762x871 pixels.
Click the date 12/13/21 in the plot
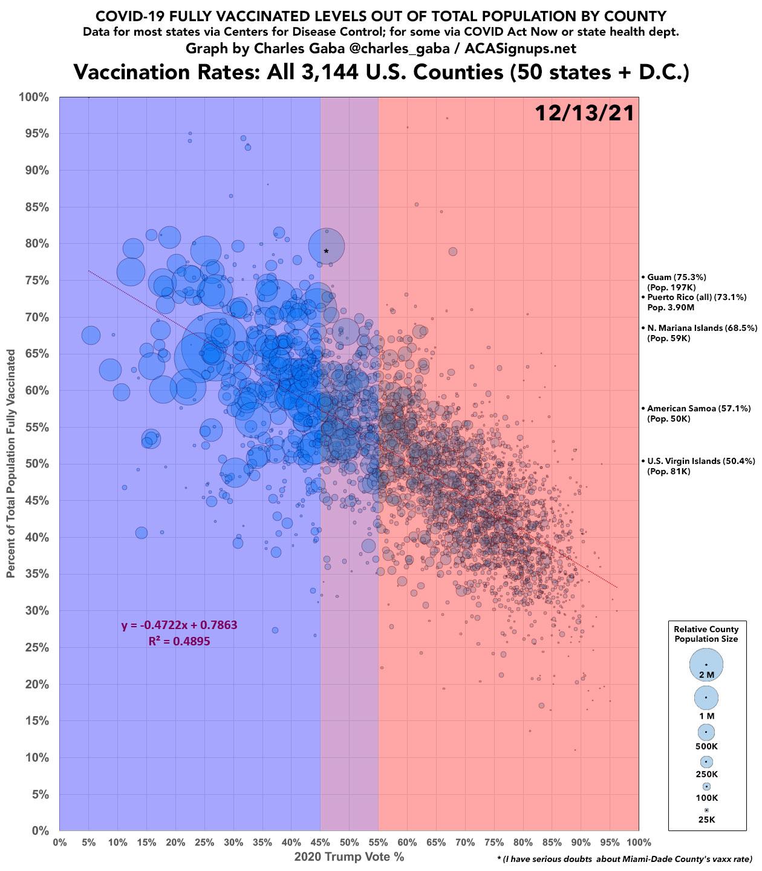click(584, 113)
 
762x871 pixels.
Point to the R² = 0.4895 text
click(179, 641)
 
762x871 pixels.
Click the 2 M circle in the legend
click(706, 665)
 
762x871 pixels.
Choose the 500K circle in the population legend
click(706, 732)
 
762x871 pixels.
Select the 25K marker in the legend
click(706, 810)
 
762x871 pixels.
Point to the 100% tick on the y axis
click(35, 97)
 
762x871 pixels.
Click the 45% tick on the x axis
click(320, 842)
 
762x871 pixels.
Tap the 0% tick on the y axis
click(40, 831)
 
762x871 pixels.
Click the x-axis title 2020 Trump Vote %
click(349, 857)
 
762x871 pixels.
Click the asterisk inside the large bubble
click(326, 250)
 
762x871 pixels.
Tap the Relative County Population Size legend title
click(706, 634)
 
